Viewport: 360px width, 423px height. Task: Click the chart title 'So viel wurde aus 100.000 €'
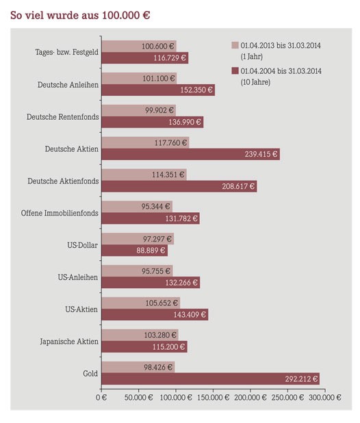tap(80, 15)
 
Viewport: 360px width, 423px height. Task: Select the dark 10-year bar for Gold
tap(211, 379)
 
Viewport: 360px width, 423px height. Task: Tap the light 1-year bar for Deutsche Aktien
tap(145, 142)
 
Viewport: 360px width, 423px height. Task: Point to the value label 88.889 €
tap(151, 251)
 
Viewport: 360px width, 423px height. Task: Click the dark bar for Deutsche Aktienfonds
tap(179, 186)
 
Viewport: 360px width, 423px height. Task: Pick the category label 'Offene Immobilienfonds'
tap(60, 213)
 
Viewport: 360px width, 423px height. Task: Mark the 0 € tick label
tap(101, 398)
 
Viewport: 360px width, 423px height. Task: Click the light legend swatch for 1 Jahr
tap(235, 45)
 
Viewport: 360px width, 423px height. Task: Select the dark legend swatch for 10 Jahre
tap(235, 70)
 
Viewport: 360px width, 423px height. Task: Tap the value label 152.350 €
tap(196, 90)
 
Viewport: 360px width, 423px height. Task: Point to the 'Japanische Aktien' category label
tap(69, 342)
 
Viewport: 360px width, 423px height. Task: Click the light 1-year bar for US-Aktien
tap(141, 303)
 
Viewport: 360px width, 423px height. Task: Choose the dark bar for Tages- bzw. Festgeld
tap(145, 57)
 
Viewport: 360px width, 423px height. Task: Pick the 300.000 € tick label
tap(325, 397)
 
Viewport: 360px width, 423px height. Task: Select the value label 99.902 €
tap(159, 110)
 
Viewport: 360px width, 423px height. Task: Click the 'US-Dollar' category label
tap(83, 245)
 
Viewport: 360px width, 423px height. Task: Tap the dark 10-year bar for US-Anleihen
tap(151, 283)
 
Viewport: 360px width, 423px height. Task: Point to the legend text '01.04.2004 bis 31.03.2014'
tap(281, 71)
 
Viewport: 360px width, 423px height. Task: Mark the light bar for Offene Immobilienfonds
tap(137, 207)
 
